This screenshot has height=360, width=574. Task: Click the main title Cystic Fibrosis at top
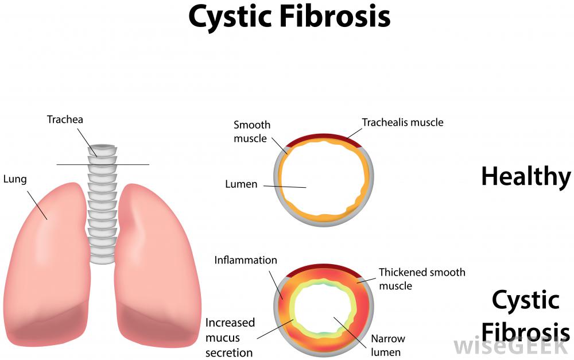[289, 17]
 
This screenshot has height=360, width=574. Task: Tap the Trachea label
[65, 119]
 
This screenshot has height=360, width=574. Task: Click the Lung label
[15, 179]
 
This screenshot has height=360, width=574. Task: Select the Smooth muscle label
[252, 131]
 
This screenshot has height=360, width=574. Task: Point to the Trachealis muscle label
[402, 122]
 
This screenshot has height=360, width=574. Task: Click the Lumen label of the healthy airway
[241, 184]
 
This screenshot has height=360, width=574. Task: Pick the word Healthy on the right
[526, 176]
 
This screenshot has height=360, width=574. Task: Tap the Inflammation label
[246, 260]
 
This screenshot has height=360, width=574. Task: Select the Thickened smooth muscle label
[422, 278]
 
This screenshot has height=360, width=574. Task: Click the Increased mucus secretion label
[230, 338]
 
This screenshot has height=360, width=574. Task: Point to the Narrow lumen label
[388, 345]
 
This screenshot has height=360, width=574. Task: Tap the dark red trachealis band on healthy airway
[324, 140]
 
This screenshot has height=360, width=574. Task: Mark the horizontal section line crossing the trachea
[103, 164]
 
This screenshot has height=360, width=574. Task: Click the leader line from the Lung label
[37, 205]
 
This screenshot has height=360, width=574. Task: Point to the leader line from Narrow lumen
[350, 333]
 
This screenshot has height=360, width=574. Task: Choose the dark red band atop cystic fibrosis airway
[324, 270]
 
